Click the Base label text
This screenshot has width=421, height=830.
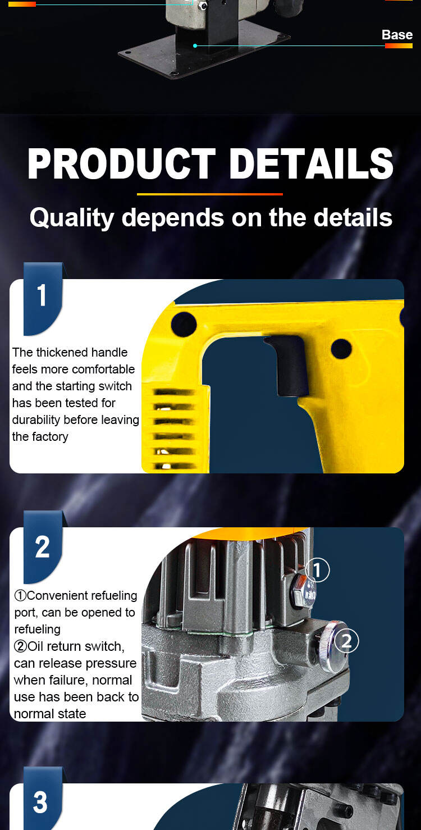(397, 35)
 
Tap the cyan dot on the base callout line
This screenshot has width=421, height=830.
(195, 45)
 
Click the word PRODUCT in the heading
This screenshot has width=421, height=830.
(121, 163)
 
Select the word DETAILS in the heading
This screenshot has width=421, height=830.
(311, 163)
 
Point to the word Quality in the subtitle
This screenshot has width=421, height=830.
(72, 217)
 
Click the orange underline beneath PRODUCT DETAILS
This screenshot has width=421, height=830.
(210, 194)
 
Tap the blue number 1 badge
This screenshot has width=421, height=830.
(43, 299)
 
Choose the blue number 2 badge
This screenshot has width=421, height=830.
(43, 547)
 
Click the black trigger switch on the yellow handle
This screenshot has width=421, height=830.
(290, 364)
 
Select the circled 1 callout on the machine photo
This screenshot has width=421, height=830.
(317, 570)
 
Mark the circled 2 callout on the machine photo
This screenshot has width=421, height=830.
(346, 641)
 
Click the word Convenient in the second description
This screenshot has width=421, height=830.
(63, 595)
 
